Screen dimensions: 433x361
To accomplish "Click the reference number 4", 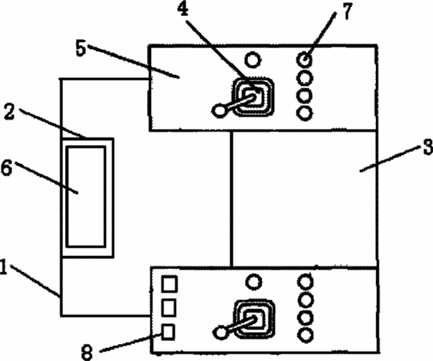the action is coord(183,10).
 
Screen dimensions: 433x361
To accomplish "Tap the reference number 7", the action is coord(347,11).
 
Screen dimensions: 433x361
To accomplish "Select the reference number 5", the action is coord(80,49).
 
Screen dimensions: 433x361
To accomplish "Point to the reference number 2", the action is coord(9,112).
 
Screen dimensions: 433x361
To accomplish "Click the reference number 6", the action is coord(6,168).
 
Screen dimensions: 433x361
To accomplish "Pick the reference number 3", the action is coord(428,147).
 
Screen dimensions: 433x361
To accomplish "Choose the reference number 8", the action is coord(87,353).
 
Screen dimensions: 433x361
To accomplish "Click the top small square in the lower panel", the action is coord(169,284).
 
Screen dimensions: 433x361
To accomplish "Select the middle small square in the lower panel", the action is coord(169,307).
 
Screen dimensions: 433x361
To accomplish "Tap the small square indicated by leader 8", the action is coord(168,331).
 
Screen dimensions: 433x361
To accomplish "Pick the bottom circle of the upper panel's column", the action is coord(304,113).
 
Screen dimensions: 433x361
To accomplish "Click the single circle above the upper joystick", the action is coord(253,60).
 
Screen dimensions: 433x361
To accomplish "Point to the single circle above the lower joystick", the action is coord(254,282).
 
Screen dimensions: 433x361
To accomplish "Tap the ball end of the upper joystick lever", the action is coord(219,111).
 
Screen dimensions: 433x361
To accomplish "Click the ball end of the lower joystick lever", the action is coord(221,332).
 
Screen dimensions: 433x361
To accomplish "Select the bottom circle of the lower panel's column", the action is coord(305,335).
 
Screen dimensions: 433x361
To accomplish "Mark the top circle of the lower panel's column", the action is coord(305,282).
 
